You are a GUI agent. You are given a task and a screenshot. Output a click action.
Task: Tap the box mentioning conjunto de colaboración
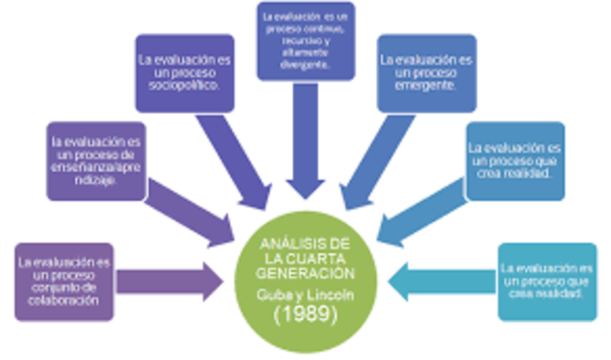pos(64,280)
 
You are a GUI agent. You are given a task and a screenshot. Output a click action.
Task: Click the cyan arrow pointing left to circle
pos(440,279)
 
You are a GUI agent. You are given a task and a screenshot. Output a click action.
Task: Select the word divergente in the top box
pos(306,68)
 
